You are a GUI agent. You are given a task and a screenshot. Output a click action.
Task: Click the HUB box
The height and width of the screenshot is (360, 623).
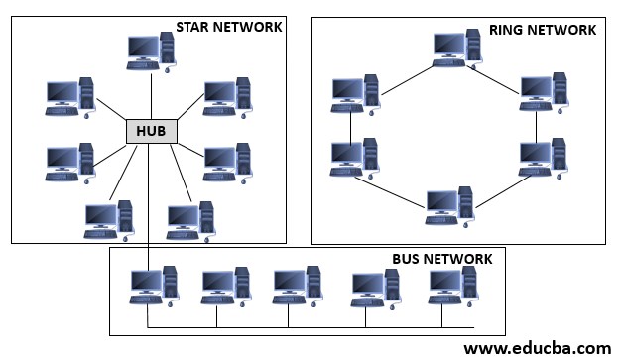[x=152, y=131]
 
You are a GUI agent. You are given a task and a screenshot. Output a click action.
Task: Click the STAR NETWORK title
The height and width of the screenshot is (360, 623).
[x=228, y=27]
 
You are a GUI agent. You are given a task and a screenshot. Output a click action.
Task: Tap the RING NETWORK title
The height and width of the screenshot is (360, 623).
[x=542, y=30]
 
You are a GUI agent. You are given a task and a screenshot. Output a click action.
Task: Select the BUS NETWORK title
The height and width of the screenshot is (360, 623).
[x=441, y=259]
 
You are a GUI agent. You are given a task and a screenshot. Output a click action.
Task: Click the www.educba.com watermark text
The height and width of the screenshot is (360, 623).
[x=537, y=348]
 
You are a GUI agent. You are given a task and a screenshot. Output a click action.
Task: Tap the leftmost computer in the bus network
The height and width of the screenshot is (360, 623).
[x=154, y=285]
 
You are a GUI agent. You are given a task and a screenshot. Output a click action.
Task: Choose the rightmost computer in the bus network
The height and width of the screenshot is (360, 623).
[x=452, y=285]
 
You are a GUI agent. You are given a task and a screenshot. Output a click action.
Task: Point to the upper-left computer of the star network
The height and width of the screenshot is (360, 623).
[x=70, y=96]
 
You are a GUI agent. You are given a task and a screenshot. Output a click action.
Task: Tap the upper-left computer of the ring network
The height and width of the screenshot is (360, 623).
[x=356, y=94]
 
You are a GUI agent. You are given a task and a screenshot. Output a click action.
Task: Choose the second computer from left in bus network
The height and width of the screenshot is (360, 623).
[x=225, y=286]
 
